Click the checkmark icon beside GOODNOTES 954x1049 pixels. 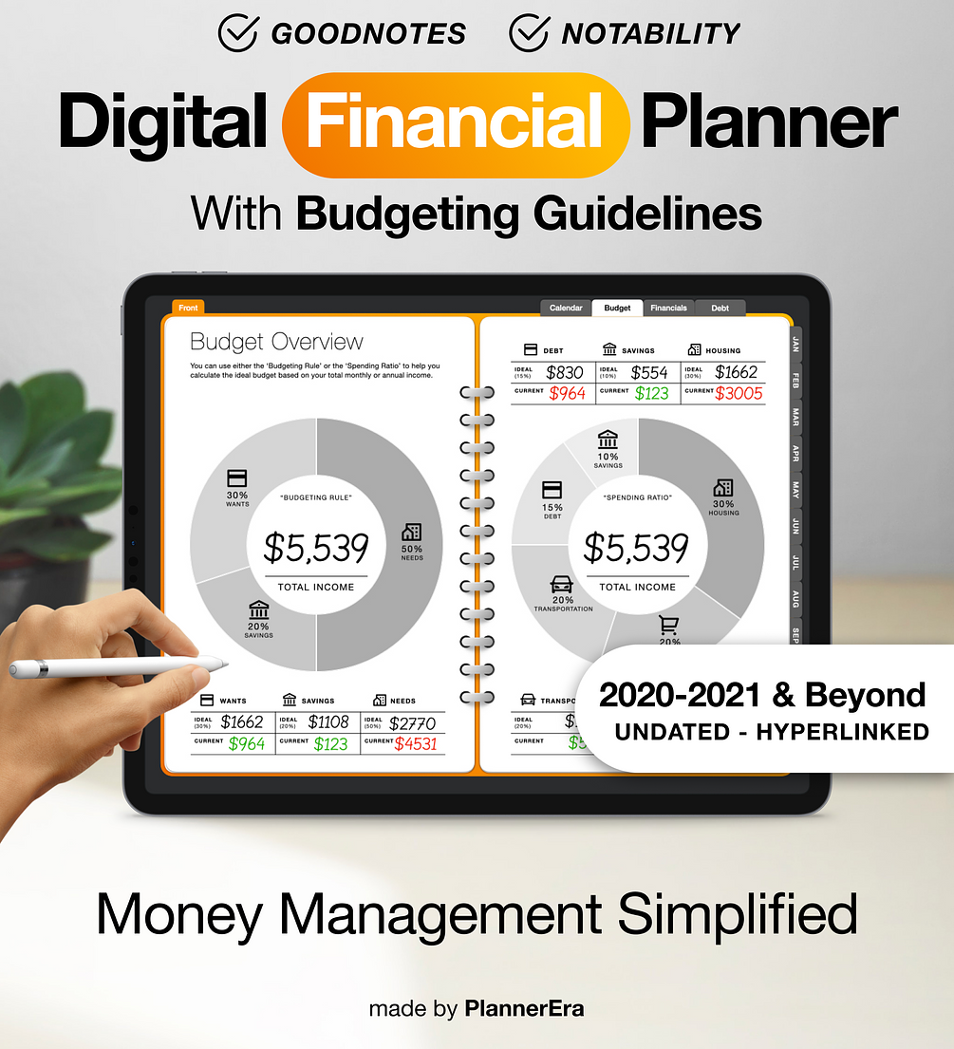click(237, 33)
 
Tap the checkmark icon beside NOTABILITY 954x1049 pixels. click(528, 33)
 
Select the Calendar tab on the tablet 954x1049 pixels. click(566, 308)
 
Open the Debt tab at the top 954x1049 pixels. click(720, 308)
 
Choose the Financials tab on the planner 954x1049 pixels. click(668, 308)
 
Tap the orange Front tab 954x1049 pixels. click(188, 308)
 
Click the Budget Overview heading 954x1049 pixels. click(276, 342)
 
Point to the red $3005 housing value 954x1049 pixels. click(739, 393)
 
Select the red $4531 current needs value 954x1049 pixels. click(415, 743)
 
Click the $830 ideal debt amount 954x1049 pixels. click(565, 372)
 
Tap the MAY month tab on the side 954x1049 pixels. click(795, 491)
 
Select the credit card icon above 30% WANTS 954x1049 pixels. click(237, 478)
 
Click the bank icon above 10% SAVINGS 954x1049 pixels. click(608, 440)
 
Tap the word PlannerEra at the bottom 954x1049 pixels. click(524, 1008)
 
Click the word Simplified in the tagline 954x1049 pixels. click(738, 914)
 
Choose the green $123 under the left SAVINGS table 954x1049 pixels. click(331, 743)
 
